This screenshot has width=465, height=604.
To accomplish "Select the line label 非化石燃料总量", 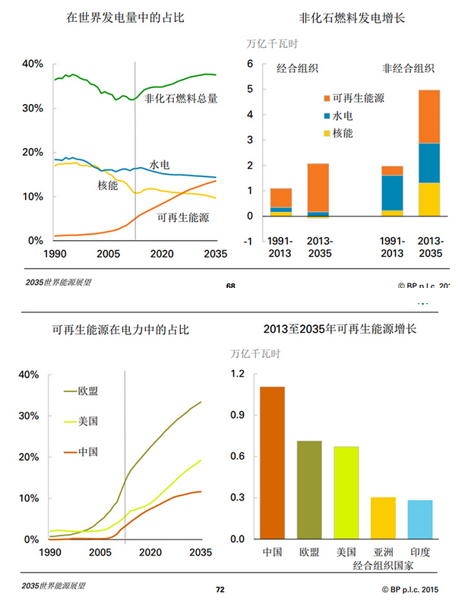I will pos(182,98).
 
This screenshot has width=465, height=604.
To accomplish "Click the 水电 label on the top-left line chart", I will pos(160,164).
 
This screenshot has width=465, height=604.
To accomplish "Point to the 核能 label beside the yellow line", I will pos(108,185).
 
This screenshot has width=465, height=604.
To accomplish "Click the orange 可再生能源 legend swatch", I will pos(327,99).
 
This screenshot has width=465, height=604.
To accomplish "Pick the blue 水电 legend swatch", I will pos(327,116).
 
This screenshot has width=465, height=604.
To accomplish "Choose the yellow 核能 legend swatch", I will pos(327,134).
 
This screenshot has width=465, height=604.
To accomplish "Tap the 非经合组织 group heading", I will pos(409,68).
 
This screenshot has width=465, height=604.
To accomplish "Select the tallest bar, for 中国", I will pos(272,463).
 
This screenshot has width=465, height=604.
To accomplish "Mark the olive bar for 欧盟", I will pos(309,490).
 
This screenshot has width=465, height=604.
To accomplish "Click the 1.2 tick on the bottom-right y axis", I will pos(239,375).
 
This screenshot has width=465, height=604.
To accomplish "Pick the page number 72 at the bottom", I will pos(221,589).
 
